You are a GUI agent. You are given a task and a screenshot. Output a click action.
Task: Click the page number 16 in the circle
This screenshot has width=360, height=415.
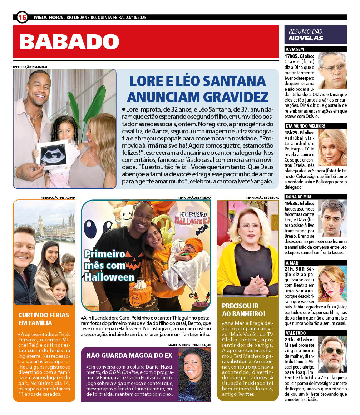(22, 17)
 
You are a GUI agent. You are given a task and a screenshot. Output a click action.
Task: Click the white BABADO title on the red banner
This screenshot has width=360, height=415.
(69, 42)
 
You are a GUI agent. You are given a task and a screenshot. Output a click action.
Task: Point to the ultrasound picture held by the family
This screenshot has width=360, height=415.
(52, 154)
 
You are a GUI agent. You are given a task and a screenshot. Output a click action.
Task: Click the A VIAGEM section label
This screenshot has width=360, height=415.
(295, 49)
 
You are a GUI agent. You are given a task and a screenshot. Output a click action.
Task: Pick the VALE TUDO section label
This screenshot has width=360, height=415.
(296, 333)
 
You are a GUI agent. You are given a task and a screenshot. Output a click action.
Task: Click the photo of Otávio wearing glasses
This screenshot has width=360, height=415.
(332, 70)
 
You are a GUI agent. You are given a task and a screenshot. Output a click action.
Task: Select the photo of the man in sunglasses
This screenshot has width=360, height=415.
(332, 354)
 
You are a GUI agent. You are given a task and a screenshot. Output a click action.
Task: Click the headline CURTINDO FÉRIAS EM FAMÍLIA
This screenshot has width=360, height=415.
(35, 319)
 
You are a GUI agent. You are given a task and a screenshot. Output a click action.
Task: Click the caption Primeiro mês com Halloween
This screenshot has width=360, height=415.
(109, 265)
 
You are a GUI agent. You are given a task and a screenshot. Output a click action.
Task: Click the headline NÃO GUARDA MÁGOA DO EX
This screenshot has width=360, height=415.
(129, 355)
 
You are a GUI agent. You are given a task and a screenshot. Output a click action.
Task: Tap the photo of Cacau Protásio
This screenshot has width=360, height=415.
(194, 374)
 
